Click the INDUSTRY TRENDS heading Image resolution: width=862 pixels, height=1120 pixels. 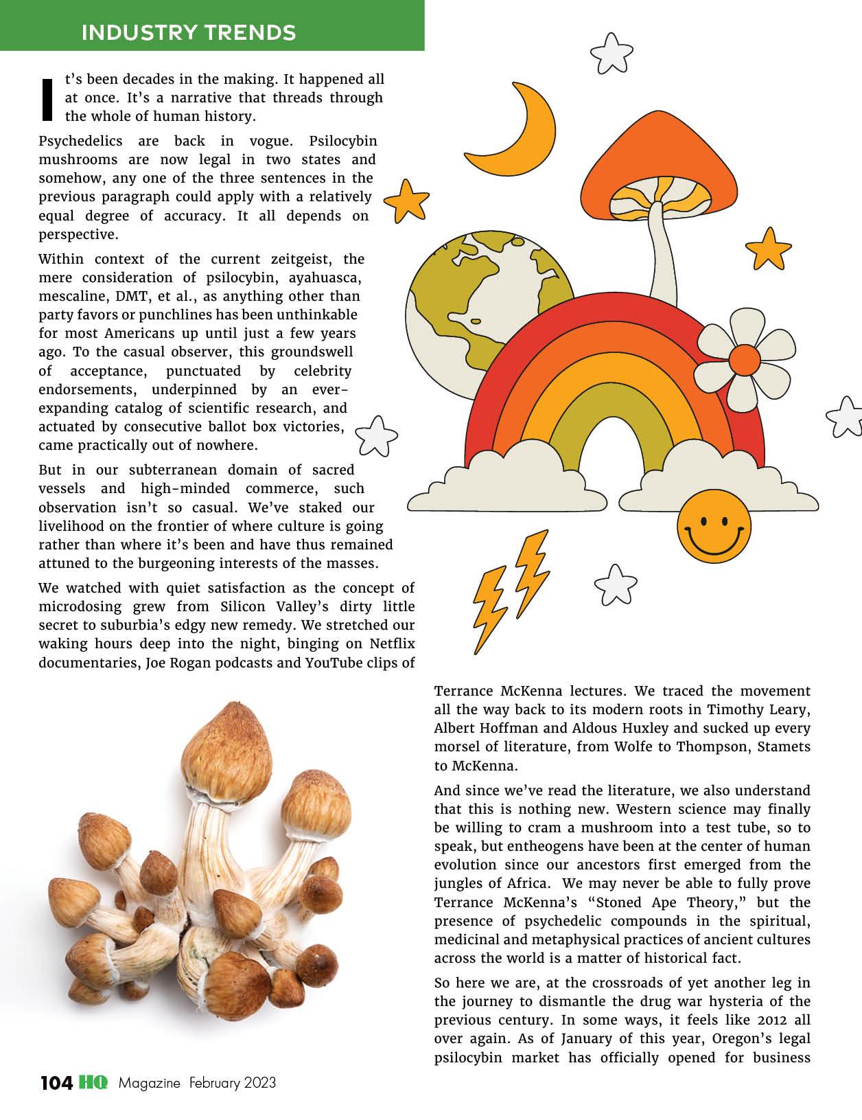point(189,32)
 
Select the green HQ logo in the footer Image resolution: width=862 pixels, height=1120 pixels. point(93,1083)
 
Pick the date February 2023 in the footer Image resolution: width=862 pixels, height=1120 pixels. point(233,1083)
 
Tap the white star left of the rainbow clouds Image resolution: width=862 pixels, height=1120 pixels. point(376,435)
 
